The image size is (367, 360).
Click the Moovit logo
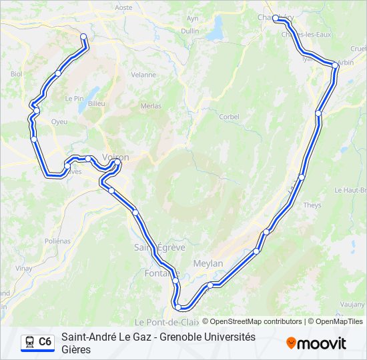coord(316,343)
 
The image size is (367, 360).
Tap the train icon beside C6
coord(29,342)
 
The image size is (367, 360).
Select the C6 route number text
coord(45,342)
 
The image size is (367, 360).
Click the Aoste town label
coord(124,7)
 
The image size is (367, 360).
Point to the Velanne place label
coord(143,75)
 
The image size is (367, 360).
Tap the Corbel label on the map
coord(229,117)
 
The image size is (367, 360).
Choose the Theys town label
coord(312,205)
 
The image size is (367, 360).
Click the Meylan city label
coord(208,263)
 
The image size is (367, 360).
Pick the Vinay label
coord(24,268)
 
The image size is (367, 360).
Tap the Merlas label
coord(151,106)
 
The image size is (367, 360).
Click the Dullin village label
coord(190,31)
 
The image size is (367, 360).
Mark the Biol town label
coord(17,74)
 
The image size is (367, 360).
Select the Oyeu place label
coord(59,122)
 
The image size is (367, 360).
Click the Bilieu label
coord(97,104)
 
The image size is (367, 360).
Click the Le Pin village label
coord(73,98)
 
